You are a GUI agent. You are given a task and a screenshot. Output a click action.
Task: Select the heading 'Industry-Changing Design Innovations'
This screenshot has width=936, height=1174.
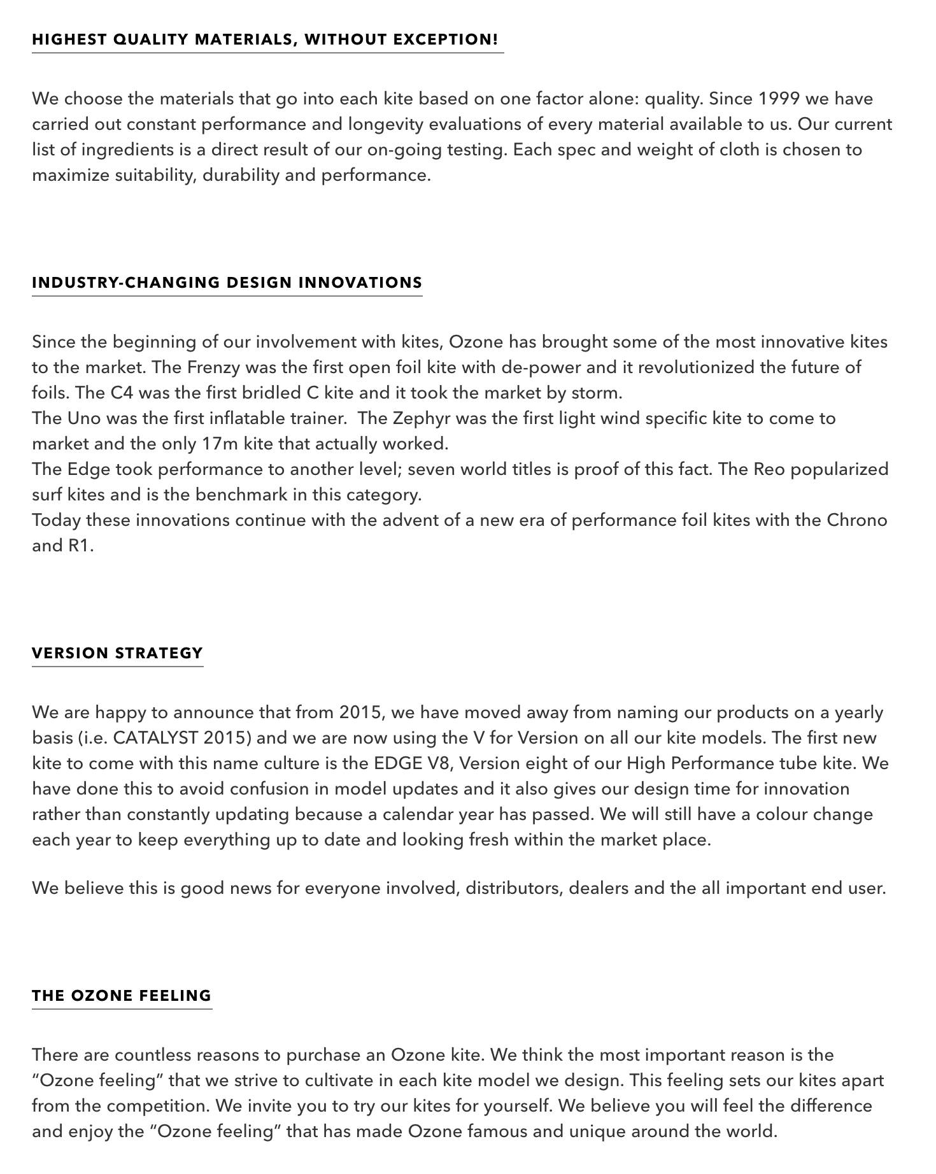[227, 283]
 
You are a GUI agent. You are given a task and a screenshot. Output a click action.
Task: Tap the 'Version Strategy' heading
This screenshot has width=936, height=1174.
[117, 653]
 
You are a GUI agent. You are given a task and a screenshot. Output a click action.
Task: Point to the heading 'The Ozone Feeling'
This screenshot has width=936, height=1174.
[122, 996]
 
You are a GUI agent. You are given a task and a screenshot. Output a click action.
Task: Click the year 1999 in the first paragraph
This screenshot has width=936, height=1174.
[779, 99]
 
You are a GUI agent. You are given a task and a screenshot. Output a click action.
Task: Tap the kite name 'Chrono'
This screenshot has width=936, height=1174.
[856, 520]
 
